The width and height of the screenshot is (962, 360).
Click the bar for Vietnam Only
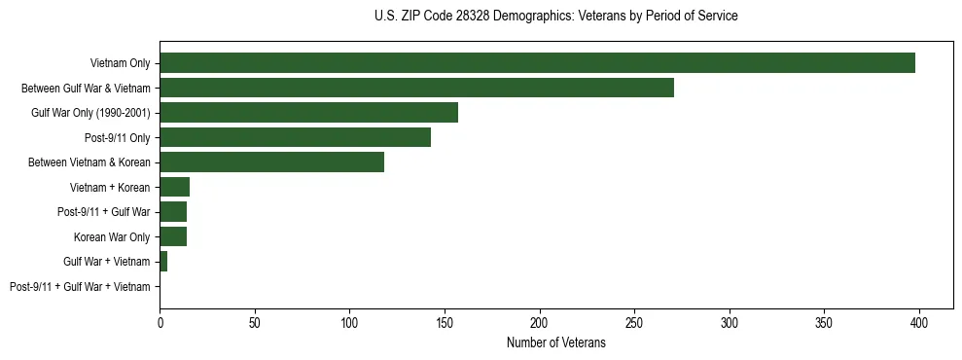(537, 63)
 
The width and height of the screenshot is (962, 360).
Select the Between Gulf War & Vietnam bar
(416, 88)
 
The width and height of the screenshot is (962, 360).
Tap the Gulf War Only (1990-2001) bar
(308, 113)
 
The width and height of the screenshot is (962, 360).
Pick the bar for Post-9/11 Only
(295, 137)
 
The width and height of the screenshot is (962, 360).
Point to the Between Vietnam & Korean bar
(271, 162)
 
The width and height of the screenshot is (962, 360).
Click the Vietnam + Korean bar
(174, 187)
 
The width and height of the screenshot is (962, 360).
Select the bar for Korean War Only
(173, 236)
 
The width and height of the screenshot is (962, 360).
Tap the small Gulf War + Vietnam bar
(163, 262)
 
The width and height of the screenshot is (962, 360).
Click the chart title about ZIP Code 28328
(555, 17)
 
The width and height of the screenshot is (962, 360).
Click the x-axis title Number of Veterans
(555, 343)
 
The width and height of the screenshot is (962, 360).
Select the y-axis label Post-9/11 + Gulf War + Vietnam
(80, 287)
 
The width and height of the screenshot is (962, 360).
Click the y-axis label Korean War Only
(112, 237)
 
